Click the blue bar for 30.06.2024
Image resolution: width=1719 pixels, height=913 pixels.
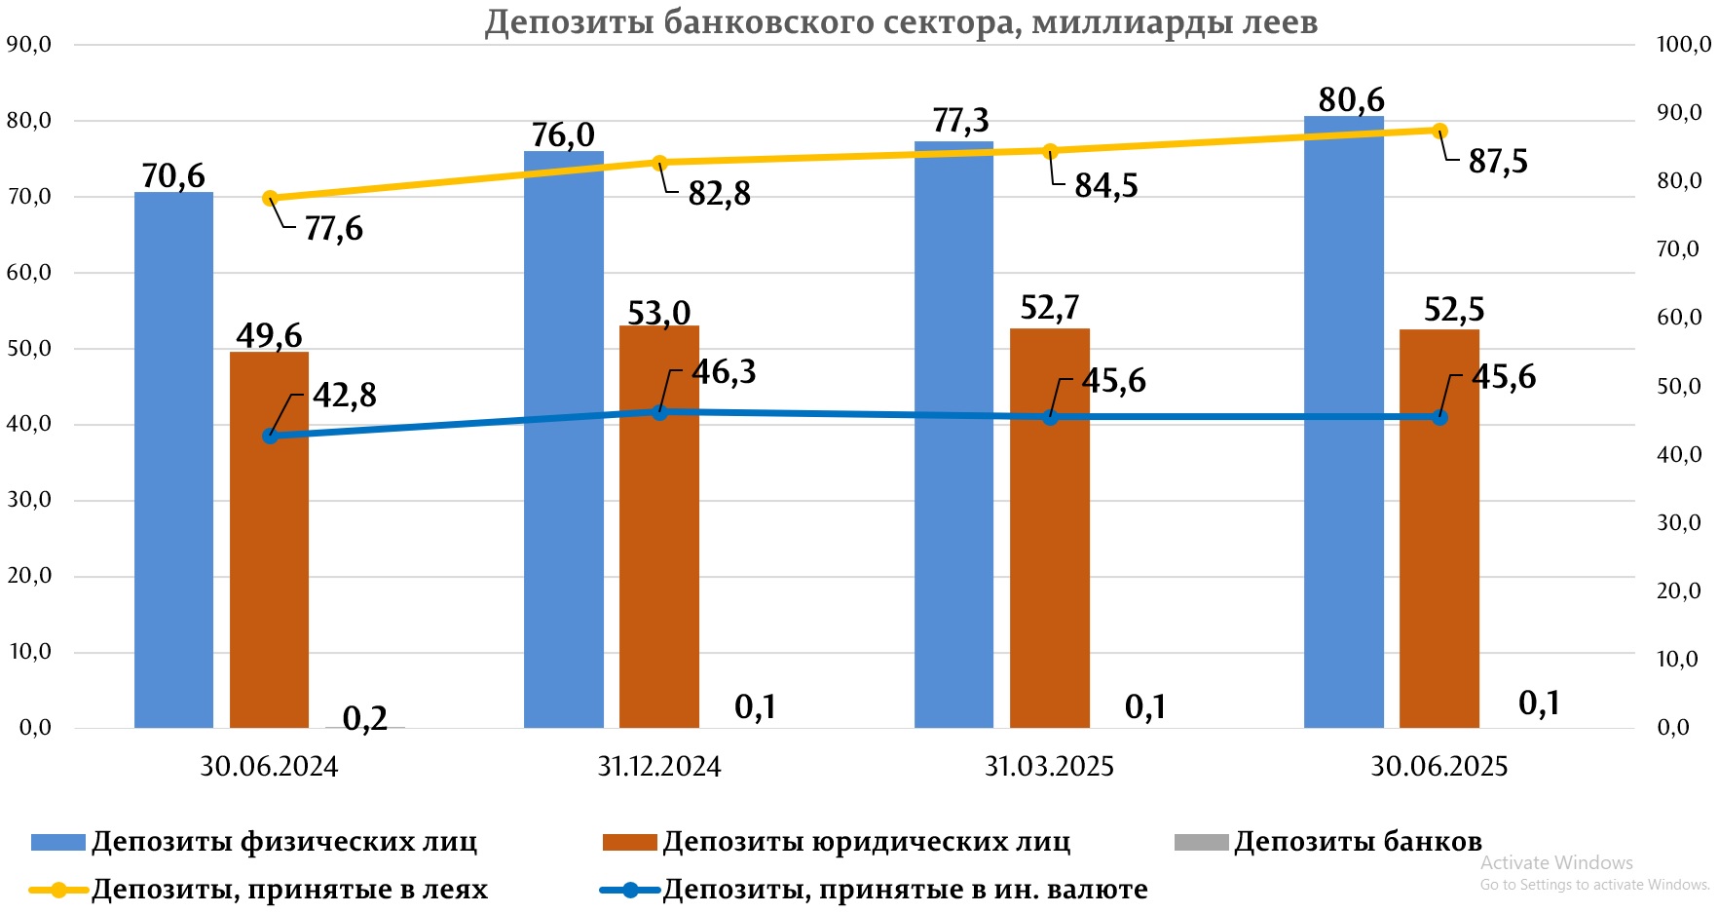(173, 460)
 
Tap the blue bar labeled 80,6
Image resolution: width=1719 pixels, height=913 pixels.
(1343, 422)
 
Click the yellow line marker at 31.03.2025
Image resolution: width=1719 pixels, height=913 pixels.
(1050, 151)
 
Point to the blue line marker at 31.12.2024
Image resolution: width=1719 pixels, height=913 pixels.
(659, 412)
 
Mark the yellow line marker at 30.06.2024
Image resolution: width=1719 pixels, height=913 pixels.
(271, 199)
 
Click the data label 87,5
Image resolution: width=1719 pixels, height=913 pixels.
(1498, 162)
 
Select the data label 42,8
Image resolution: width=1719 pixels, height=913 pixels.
(345, 396)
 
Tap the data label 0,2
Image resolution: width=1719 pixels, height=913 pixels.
(365, 719)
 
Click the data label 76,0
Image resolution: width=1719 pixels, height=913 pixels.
(563, 134)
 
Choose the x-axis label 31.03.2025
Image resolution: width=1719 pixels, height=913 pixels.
(1049, 767)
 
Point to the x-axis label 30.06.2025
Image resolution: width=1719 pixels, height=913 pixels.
(1439, 767)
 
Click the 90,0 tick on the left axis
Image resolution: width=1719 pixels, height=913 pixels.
(29, 45)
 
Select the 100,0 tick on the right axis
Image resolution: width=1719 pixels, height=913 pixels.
(1683, 45)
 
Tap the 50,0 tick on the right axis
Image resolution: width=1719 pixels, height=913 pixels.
(1679, 387)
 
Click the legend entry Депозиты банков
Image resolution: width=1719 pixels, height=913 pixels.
(1357, 842)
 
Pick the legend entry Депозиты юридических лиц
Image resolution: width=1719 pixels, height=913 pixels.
(866, 842)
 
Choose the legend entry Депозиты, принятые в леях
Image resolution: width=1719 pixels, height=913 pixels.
(289, 890)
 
